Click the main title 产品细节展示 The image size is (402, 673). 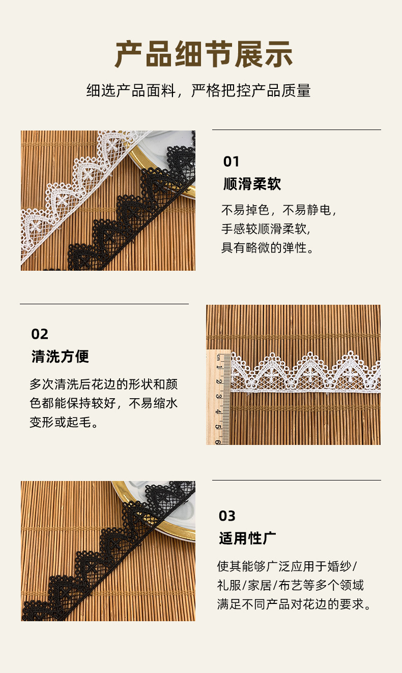(x=203, y=55)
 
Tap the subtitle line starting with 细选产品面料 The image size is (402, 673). (x=198, y=91)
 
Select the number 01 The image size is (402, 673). (x=231, y=162)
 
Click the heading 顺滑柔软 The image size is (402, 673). (x=252, y=184)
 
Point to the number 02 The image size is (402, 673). (x=40, y=334)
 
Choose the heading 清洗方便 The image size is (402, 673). (x=60, y=357)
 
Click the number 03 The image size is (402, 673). (x=227, y=516)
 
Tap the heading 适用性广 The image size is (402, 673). (x=247, y=538)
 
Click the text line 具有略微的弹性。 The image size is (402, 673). (x=268, y=248)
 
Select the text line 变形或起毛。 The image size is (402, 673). (x=64, y=422)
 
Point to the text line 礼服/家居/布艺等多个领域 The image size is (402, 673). (x=290, y=585)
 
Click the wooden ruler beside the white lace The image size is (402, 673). (x=219, y=396)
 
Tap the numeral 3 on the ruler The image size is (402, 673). (x=219, y=396)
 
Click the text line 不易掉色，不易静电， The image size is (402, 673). (x=279, y=210)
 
